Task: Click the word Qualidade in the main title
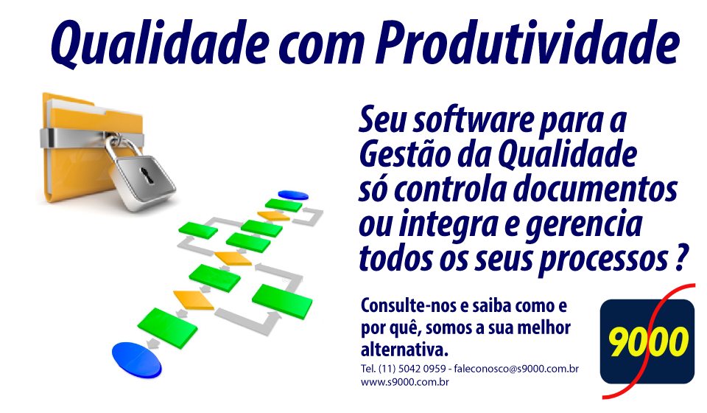tap(160, 43)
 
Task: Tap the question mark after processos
tap(683, 257)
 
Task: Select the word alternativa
tap(404, 350)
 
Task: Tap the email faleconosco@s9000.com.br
tap(516, 369)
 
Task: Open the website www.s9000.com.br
tap(405, 382)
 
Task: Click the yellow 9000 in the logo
tap(648, 342)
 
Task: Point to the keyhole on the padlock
tap(146, 175)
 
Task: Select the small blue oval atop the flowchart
tap(293, 195)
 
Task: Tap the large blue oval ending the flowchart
tap(137, 360)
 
